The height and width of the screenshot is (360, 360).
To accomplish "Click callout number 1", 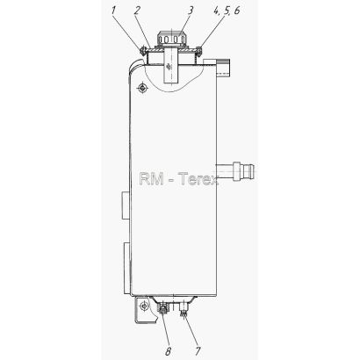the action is (113, 11).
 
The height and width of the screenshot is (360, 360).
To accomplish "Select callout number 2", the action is (138, 11).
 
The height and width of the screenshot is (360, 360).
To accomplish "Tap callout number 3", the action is (191, 11).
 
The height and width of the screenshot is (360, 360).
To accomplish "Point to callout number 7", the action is (198, 350).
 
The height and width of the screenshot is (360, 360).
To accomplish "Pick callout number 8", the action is (169, 350).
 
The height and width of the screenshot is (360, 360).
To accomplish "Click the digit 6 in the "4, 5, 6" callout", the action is (236, 11).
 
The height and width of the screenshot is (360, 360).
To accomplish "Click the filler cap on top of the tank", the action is (171, 40).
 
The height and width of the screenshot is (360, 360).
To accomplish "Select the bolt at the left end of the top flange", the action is (143, 51).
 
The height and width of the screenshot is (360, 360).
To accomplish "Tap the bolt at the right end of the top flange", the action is (198, 51).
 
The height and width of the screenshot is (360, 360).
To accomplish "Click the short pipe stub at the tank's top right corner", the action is (223, 67).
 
